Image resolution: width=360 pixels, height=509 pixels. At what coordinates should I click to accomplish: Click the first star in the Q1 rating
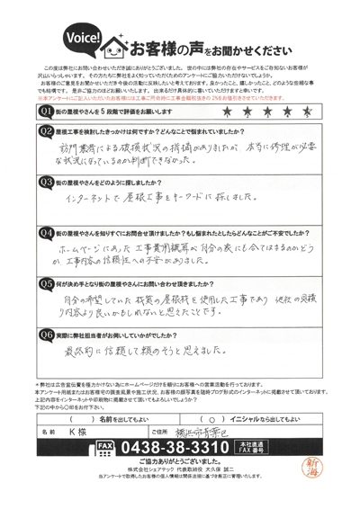(x=224, y=112)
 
